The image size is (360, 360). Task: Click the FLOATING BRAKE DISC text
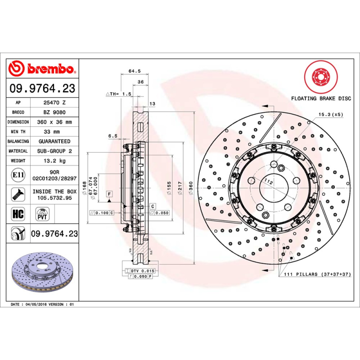coord(320,98)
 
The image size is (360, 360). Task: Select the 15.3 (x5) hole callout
coord(331,115)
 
